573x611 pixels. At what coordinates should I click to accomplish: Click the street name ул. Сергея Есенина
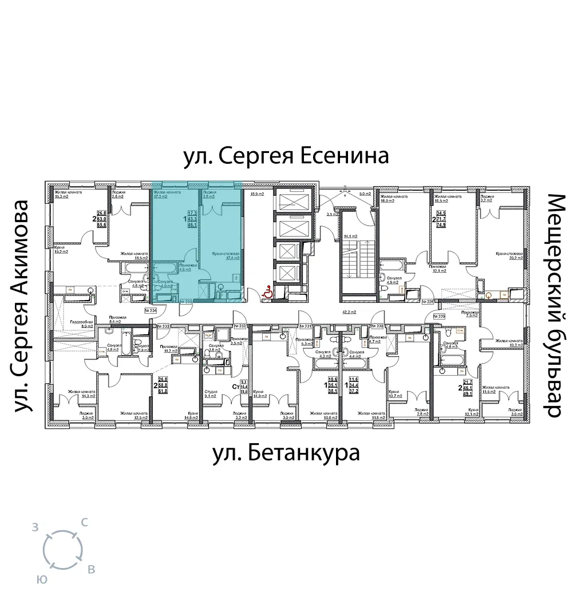[286, 156]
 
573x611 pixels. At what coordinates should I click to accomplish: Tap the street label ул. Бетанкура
[286, 453]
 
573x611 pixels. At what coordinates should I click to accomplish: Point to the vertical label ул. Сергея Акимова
[21, 306]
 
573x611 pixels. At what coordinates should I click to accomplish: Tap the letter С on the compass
[84, 522]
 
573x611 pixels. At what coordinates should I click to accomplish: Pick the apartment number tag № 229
[439, 316]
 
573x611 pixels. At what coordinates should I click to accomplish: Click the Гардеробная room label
[77, 322]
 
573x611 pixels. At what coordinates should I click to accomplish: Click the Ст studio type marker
[235, 388]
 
